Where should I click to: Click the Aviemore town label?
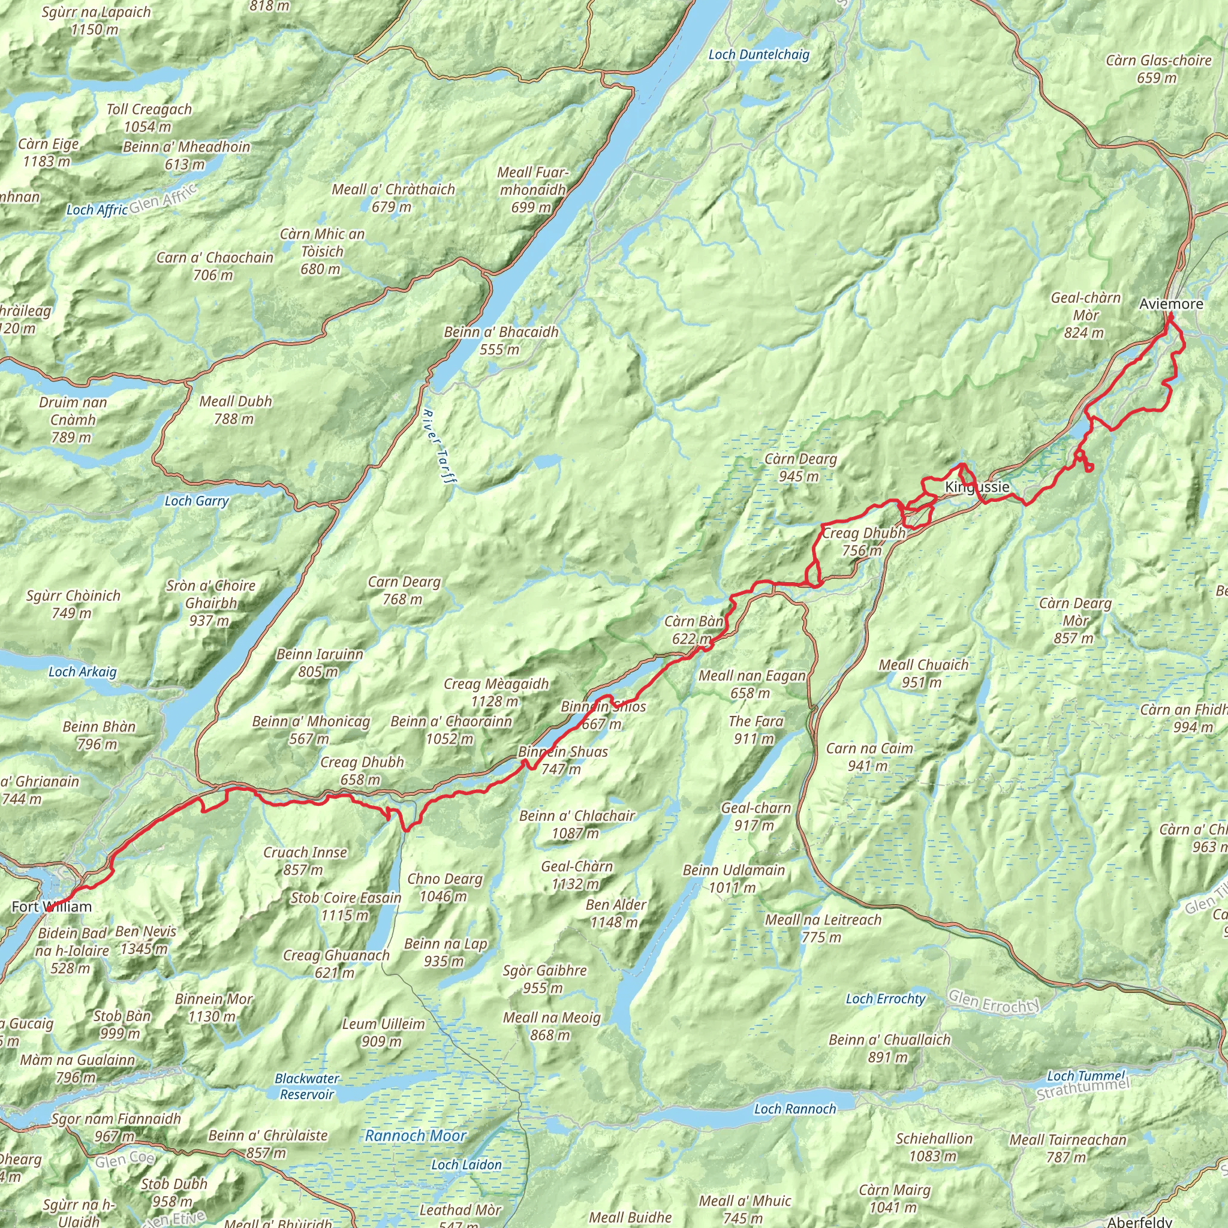(1171, 304)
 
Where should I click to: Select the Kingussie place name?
(977, 487)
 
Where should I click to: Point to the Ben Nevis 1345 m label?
(146, 940)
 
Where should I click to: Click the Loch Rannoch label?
(795, 1109)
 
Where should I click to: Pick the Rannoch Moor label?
(415, 1136)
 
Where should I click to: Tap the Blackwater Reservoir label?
(307, 1086)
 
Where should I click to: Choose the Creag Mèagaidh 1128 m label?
(496, 692)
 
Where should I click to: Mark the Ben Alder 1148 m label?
(615, 913)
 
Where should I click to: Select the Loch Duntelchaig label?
(759, 55)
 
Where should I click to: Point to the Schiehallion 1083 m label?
(934, 1146)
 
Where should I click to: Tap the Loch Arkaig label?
(83, 672)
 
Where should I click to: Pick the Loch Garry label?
(197, 501)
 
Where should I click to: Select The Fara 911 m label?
(756, 730)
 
